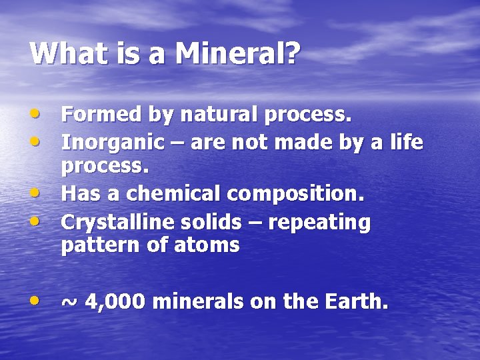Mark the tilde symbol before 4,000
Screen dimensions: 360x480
point(69,302)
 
